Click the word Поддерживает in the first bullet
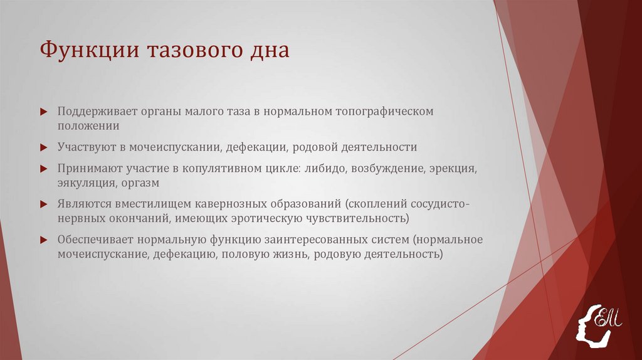[x=96, y=111]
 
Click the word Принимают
[x=88, y=169]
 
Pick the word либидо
[x=325, y=169]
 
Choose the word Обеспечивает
[x=94, y=240]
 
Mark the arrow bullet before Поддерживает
[x=43, y=112]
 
